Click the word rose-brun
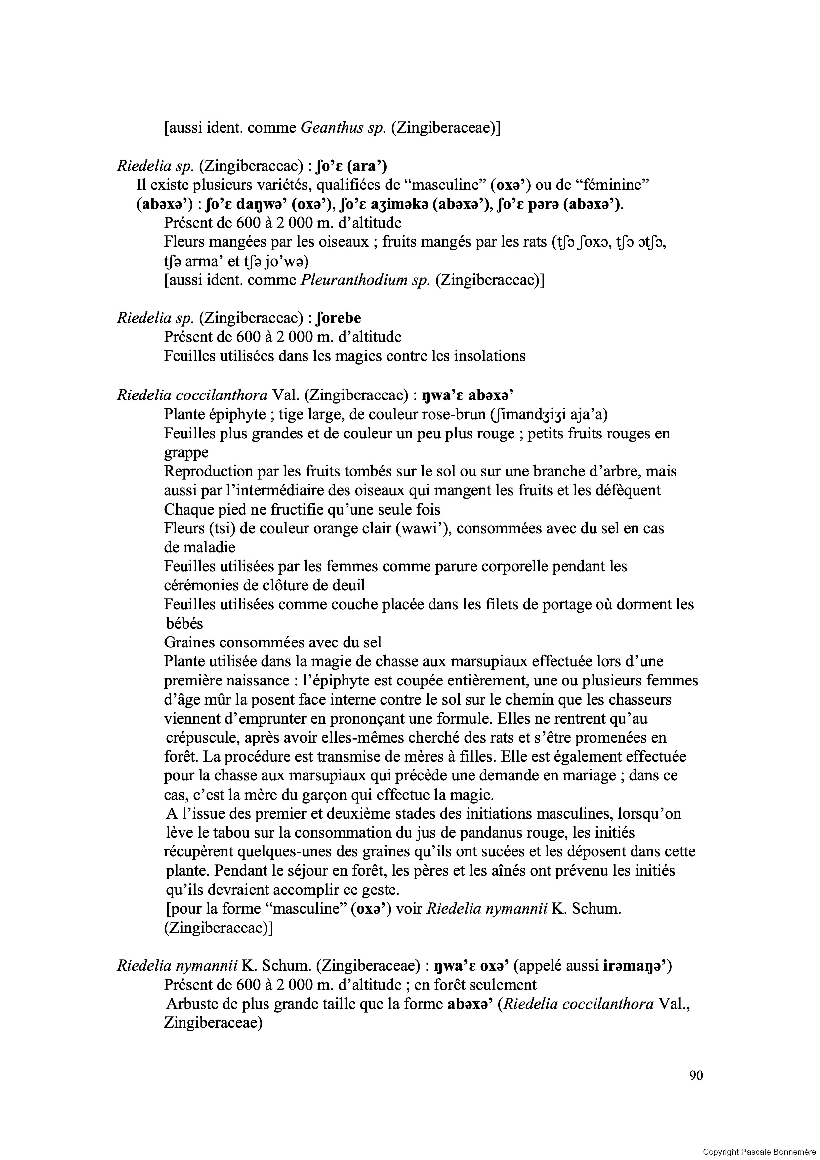(x=452, y=414)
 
